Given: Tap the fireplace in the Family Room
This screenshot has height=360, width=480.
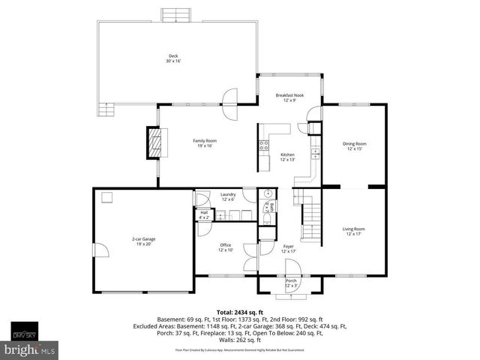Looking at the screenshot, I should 154,141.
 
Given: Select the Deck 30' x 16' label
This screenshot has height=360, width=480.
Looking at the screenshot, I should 173,58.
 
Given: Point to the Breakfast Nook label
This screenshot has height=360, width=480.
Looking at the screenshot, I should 289,97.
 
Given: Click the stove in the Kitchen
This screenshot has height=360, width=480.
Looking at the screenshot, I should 264,145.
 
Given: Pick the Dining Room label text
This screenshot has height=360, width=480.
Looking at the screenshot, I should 355,145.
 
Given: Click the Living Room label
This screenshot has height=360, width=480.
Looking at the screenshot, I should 354,231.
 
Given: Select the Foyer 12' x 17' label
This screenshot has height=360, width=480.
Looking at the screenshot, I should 289,248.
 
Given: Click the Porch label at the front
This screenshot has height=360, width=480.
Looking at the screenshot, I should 291,283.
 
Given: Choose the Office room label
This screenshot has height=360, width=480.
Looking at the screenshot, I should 225,247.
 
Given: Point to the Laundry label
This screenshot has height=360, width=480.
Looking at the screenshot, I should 228,196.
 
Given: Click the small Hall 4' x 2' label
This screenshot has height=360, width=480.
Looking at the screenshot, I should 204,214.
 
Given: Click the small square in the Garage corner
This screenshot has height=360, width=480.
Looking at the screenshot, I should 107,198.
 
